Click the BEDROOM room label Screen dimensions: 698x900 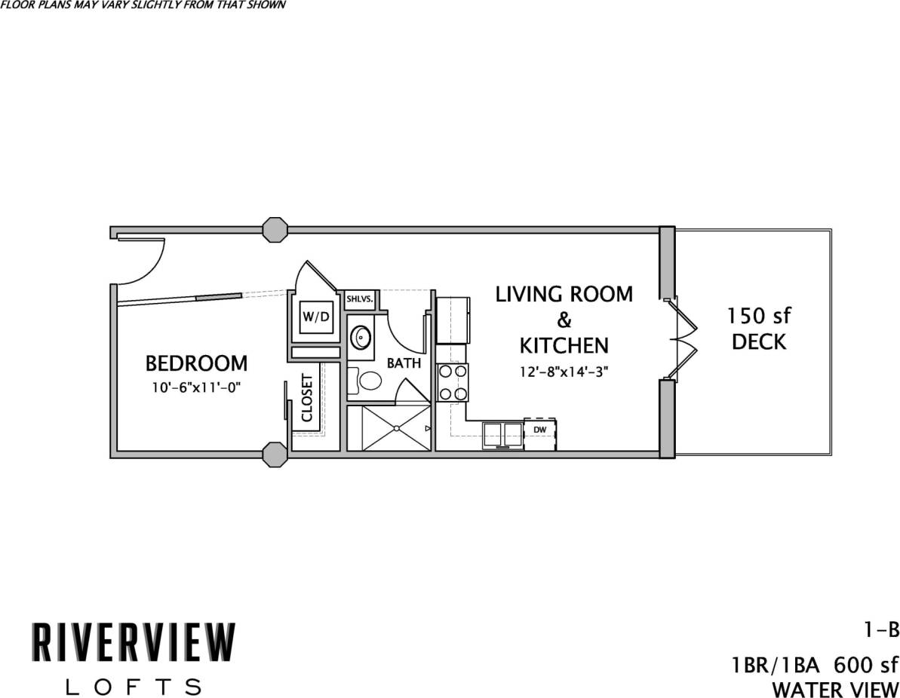coord(195,363)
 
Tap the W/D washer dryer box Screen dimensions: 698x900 coord(315,317)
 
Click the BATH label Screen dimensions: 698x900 coord(404,363)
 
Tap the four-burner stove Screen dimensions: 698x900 coord(452,382)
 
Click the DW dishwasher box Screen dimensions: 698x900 coord(539,430)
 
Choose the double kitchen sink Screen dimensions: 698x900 coord(503,435)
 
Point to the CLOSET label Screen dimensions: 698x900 coord(307,397)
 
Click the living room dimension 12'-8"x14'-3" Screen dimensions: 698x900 coord(564,371)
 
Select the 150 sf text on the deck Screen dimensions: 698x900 coord(759,314)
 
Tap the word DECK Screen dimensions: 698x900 coord(759,341)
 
